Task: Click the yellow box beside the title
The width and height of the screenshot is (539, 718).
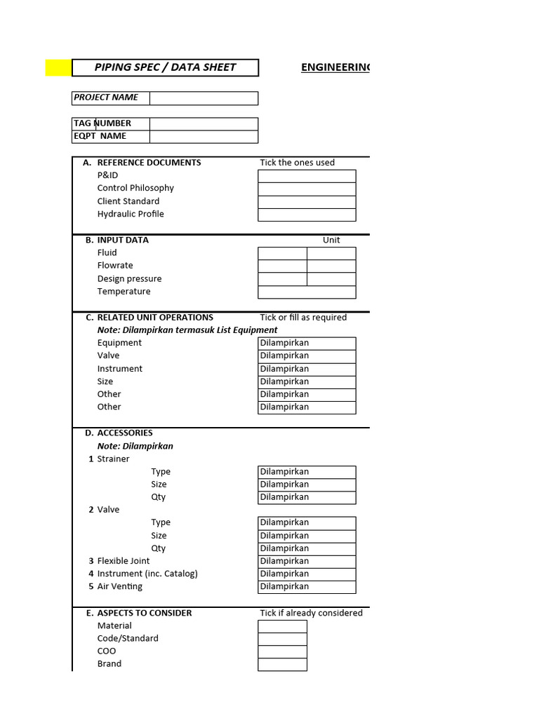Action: coord(58,68)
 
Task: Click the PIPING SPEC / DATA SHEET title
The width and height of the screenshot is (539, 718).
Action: coord(165,68)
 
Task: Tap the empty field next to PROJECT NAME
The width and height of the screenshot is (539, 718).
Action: coord(204,98)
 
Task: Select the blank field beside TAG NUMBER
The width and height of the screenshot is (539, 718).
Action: coord(204,124)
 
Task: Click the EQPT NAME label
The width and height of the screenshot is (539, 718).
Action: coord(100,137)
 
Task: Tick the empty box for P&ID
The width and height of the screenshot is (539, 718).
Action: coord(307,176)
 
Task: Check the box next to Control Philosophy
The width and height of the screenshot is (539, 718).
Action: coord(307,189)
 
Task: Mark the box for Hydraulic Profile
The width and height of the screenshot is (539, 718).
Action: coord(307,215)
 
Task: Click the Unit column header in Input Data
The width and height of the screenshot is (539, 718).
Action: coord(331,240)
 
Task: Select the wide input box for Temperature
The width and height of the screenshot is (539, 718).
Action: coord(307,292)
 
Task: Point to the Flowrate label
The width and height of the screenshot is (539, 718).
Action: coord(115,266)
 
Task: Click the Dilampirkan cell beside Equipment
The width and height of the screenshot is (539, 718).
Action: coord(307,344)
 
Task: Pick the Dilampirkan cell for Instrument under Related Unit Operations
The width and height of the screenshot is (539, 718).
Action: coord(307,370)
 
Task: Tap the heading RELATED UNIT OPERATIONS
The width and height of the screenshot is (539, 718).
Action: coord(155,318)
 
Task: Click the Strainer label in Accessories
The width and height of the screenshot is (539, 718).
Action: coord(113,459)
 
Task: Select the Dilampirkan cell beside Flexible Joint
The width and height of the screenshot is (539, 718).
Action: coord(307,562)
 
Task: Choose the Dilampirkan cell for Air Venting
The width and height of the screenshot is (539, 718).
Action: coord(307,587)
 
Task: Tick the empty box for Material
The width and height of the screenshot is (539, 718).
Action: coord(282,626)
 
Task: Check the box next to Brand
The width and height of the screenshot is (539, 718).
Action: coord(282,665)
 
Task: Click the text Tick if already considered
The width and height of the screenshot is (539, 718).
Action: coord(311,614)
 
